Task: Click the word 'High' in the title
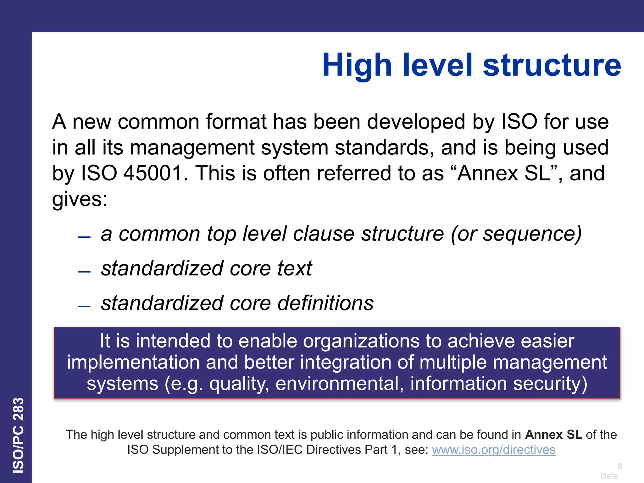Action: (357, 65)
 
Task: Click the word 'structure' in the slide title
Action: (552, 65)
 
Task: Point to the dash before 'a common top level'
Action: (84, 237)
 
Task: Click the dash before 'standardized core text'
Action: (84, 272)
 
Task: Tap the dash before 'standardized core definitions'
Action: (84, 306)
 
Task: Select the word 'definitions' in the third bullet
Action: (325, 303)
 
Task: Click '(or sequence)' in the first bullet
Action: (516, 234)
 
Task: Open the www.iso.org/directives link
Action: (493, 450)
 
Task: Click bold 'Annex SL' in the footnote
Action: (553, 435)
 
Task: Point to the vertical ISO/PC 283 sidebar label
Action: (18, 435)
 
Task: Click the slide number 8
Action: (619, 466)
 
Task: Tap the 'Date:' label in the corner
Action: (610, 476)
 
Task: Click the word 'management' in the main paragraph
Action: (192, 147)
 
